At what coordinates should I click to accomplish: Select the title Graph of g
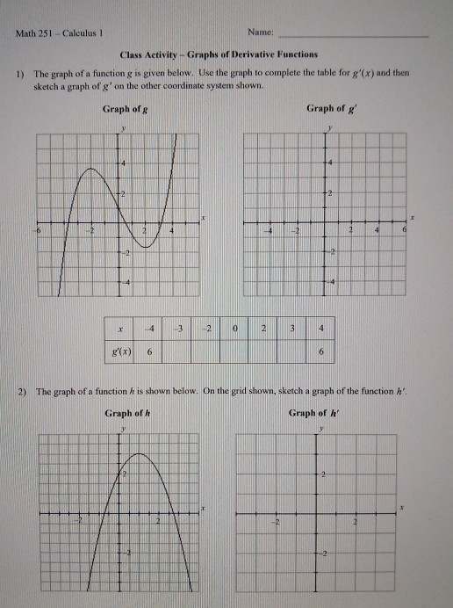pos(124,109)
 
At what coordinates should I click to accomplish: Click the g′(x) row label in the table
pos(119,351)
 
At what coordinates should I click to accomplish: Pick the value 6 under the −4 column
pos(149,351)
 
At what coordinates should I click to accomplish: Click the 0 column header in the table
pos(234,329)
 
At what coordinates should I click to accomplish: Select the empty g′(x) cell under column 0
pos(234,351)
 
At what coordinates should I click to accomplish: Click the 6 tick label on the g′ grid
pos(404,229)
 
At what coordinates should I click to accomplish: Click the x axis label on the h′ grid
pos(402,508)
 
